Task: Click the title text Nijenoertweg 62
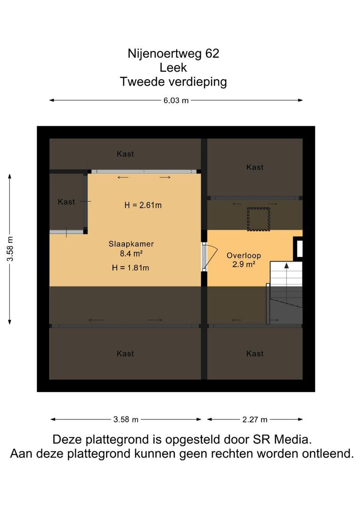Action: tap(173, 54)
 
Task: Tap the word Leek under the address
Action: tap(173, 67)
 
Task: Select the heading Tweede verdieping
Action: tap(173, 82)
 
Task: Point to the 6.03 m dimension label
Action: tap(176, 100)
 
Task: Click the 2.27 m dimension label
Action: tap(255, 420)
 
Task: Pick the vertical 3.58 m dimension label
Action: tap(10, 249)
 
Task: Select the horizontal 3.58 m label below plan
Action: tap(126, 420)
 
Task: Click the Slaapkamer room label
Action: tap(131, 244)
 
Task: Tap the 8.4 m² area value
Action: tap(131, 253)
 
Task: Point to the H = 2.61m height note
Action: tap(143, 205)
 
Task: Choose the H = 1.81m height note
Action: tap(131, 268)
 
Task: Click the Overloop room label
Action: tap(244, 255)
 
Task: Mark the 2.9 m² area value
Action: tap(244, 264)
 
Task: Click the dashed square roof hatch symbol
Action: tap(258, 219)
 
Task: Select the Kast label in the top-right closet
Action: tap(255, 167)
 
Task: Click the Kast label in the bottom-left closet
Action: tap(125, 353)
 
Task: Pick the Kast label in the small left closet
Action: tap(66, 202)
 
